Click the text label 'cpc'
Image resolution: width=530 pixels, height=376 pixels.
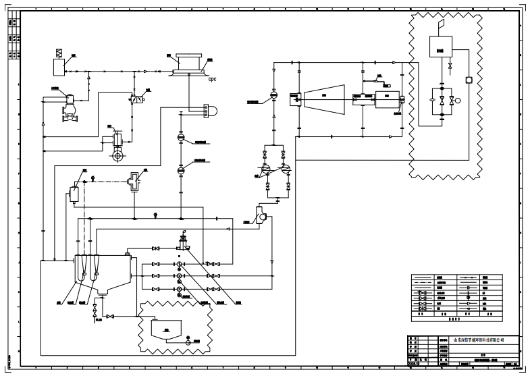click(x=211, y=80)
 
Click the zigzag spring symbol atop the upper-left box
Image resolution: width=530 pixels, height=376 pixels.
click(x=58, y=53)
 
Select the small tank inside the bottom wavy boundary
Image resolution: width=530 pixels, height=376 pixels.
click(x=162, y=329)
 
